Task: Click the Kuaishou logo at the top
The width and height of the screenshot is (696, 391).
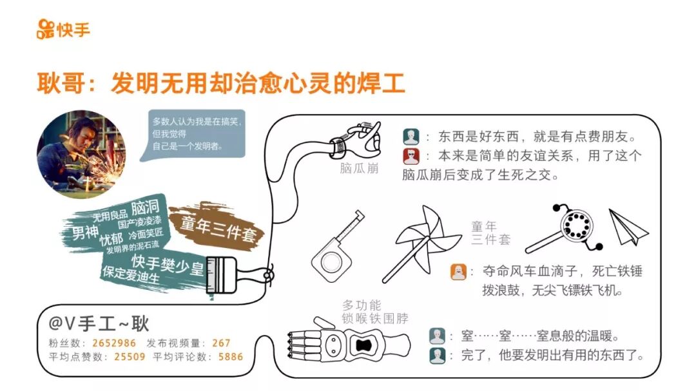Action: pyautogui.click(x=63, y=30)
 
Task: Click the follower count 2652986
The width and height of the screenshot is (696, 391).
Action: pyautogui.click(x=114, y=343)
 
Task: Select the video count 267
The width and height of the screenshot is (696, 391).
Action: pyautogui.click(x=221, y=343)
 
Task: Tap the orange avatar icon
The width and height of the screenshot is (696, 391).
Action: pyautogui.click(x=458, y=271)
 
